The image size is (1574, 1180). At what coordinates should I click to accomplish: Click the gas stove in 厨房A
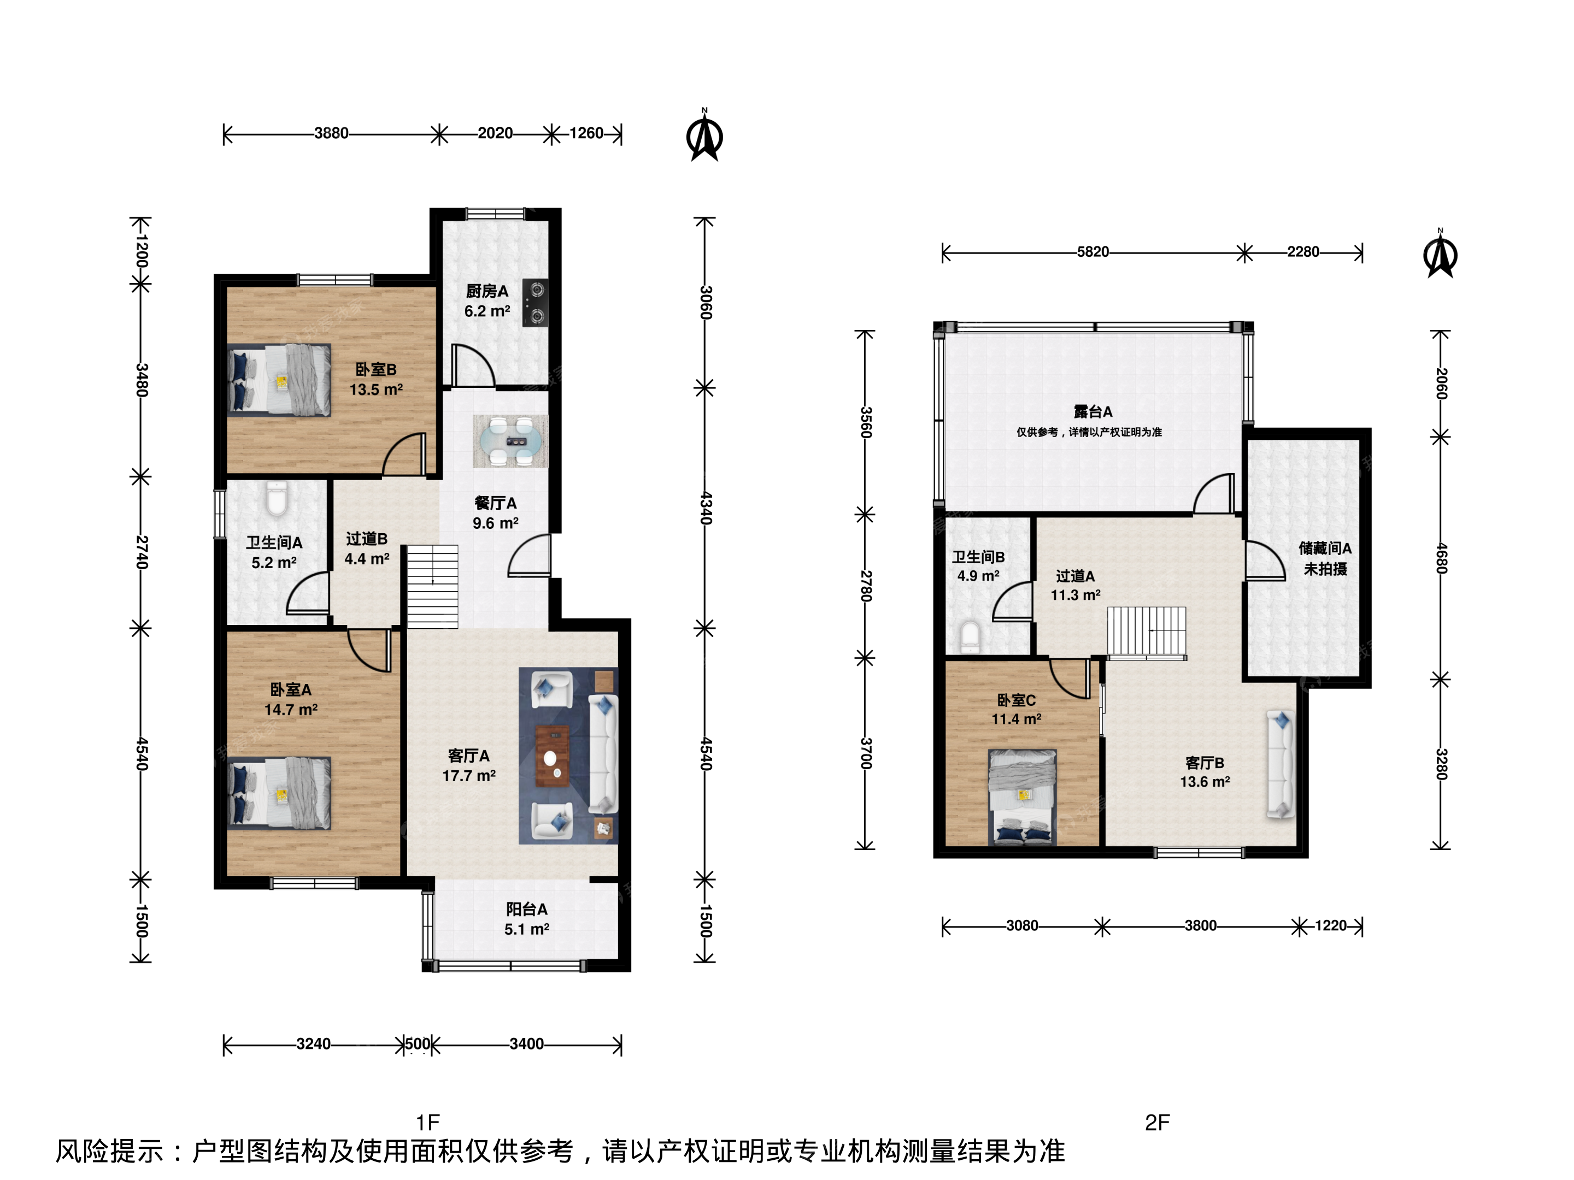pyautogui.click(x=535, y=302)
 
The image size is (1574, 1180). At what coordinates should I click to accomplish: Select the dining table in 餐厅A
pyautogui.click(x=510, y=441)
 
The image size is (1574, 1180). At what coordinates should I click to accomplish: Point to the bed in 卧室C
pyautogui.click(x=1023, y=796)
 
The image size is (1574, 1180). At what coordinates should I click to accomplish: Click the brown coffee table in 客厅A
pyautogui.click(x=551, y=756)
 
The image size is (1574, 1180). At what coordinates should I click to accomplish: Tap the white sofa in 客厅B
pyautogui.click(x=1281, y=764)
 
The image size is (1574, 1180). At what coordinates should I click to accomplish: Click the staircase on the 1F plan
pyautogui.click(x=432, y=587)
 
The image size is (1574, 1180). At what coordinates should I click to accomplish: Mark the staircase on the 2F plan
pyautogui.click(x=1147, y=632)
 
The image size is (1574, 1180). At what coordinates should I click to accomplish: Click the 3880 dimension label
pyautogui.click(x=332, y=133)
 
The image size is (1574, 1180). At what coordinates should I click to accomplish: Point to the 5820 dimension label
pyautogui.click(x=1093, y=252)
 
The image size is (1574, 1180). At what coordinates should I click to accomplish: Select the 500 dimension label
pyautogui.click(x=418, y=1043)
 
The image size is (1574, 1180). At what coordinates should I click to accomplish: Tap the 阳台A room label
pyautogui.click(x=526, y=909)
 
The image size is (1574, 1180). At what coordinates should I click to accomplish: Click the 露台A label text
pyautogui.click(x=1093, y=411)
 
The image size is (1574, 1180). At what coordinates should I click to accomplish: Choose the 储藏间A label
pyautogui.click(x=1325, y=548)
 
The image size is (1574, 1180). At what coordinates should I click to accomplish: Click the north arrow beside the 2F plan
pyautogui.click(x=1440, y=253)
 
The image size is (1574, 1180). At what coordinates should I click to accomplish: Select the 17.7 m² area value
pyautogui.click(x=469, y=775)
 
